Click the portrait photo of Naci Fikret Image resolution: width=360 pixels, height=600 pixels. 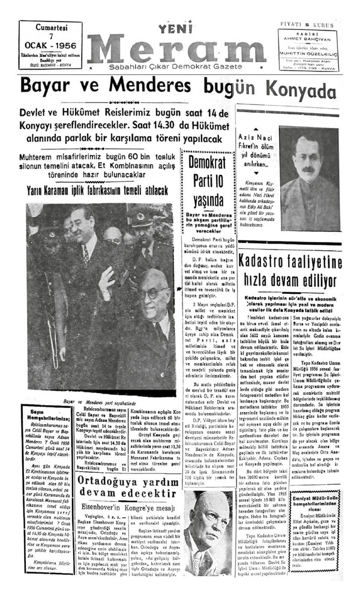coord(309,178)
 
